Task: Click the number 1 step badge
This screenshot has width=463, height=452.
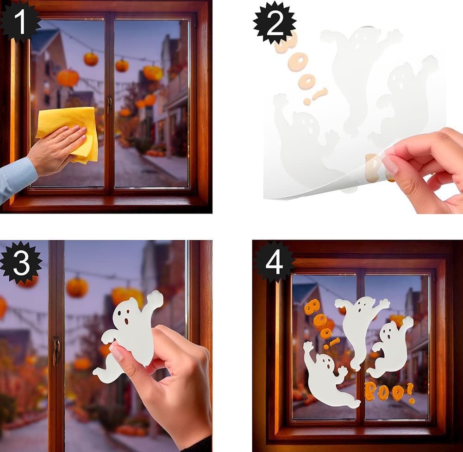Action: (x=20, y=21)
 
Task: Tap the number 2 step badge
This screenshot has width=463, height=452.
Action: (x=275, y=23)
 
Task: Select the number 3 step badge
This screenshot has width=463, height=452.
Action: (x=21, y=262)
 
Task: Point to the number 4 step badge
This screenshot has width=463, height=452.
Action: (x=274, y=262)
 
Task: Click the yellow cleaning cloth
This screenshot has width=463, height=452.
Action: (x=71, y=133)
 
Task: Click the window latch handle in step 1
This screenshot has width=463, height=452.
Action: (x=109, y=105)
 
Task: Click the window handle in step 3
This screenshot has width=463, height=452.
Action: (x=56, y=351)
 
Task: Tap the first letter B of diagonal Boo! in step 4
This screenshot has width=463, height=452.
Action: (x=312, y=307)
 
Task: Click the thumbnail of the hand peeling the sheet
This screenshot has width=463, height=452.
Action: (x=390, y=164)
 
